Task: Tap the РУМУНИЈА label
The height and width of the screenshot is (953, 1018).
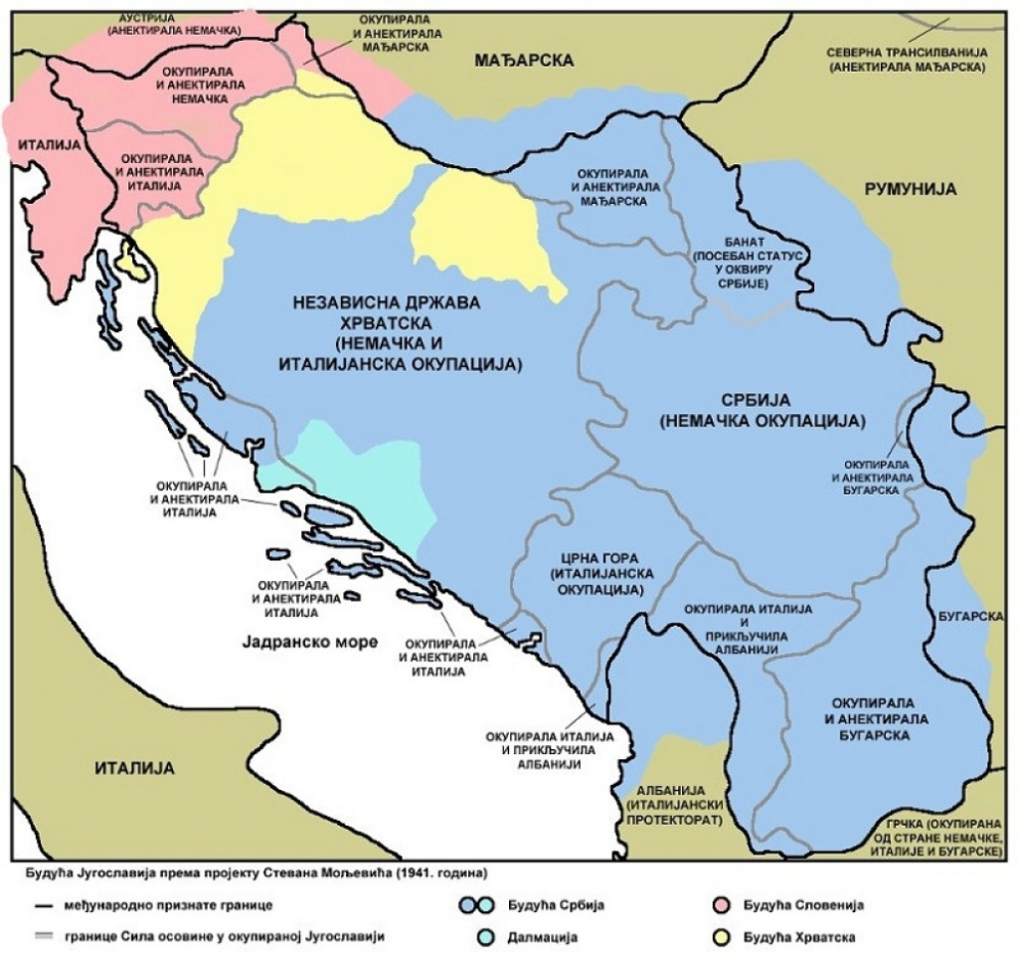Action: click(909, 188)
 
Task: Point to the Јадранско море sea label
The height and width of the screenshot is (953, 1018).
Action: click(309, 642)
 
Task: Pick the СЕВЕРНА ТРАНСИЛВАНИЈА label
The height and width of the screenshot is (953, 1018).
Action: click(906, 60)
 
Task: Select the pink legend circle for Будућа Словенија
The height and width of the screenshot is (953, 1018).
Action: click(724, 905)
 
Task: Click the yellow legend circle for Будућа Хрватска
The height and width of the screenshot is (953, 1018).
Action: click(724, 937)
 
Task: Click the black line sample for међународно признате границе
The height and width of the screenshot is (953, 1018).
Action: click(42, 905)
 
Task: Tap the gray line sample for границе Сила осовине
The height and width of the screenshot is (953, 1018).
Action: click(42, 937)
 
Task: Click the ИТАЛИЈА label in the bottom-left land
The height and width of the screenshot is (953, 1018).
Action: click(133, 768)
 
